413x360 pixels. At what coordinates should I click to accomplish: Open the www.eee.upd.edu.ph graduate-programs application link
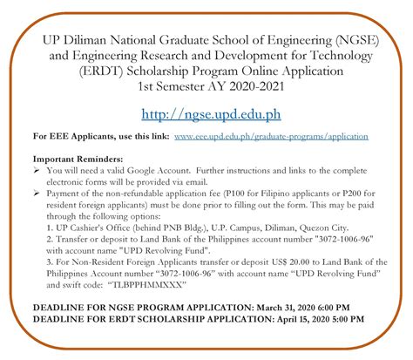click(272, 137)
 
